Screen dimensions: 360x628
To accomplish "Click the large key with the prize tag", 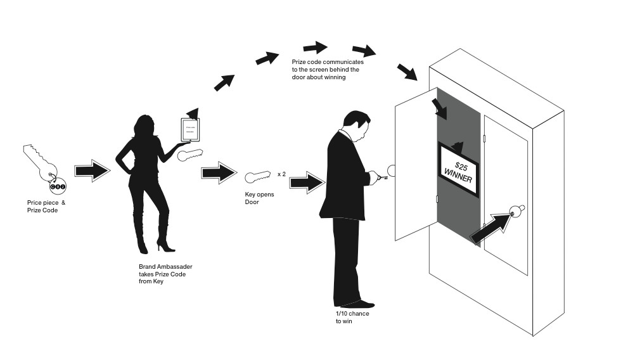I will tap(38, 162).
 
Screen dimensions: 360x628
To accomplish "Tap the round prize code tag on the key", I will tap(58, 188).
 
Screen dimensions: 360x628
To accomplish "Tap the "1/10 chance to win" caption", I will tap(352, 318).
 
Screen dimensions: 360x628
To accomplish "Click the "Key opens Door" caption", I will tap(260, 198).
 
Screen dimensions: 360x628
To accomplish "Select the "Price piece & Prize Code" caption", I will tap(46, 206).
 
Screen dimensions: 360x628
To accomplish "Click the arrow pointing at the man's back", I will tap(306, 183).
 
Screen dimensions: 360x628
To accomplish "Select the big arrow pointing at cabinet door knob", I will tap(489, 228).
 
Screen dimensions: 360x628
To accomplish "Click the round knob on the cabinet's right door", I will tap(517, 211).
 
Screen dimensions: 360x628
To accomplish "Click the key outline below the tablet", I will tap(191, 155).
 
